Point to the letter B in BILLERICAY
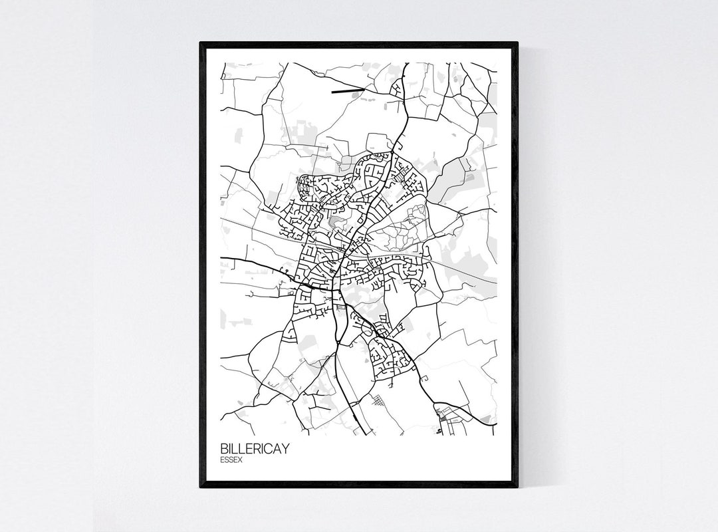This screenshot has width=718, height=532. (223, 448)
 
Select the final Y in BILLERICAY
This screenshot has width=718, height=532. (285, 448)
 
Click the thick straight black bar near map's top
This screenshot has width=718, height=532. (348, 90)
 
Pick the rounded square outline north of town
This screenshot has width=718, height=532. (380, 142)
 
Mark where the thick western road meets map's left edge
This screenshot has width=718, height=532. (223, 257)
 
